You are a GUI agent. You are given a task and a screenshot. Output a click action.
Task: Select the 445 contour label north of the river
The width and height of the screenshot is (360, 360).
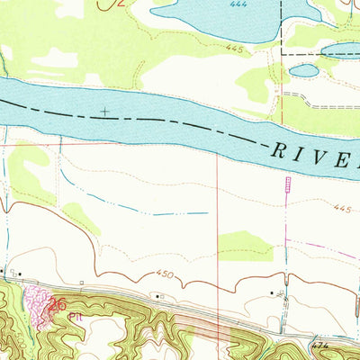click(236, 48)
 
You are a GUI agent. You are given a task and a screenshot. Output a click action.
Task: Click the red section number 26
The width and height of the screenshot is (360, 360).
click(58, 305)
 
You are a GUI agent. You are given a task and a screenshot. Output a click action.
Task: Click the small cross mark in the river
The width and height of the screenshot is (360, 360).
click(106, 112)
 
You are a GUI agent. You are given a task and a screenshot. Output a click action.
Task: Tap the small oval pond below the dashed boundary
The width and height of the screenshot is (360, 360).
click(304, 70)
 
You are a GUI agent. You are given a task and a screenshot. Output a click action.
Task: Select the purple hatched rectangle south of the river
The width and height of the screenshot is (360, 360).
click(288, 184)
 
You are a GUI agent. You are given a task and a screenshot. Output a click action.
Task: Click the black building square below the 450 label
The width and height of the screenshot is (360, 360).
click(158, 295)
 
